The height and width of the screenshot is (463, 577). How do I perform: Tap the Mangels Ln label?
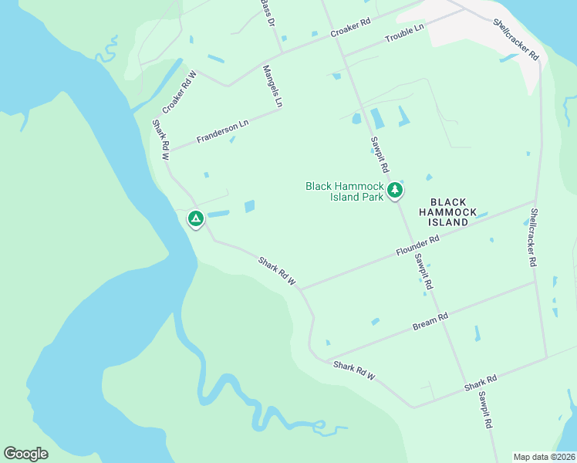click(273, 85)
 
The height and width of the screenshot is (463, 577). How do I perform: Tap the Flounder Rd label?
click(418, 246)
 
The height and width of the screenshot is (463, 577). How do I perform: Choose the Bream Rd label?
click(430, 321)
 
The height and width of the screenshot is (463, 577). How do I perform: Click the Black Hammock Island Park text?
click(344, 191)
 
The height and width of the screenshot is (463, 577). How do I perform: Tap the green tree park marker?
click(395, 190)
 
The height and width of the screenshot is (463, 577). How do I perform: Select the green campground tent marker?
click(196, 220)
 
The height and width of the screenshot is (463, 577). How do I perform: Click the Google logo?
click(25, 454)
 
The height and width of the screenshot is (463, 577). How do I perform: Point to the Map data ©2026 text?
click(544, 457)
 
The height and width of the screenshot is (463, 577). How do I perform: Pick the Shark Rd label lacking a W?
click(481, 383)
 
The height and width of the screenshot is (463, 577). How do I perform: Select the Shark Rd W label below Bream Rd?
click(354, 369)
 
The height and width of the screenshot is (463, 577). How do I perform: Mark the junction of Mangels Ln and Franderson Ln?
click(281, 109)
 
